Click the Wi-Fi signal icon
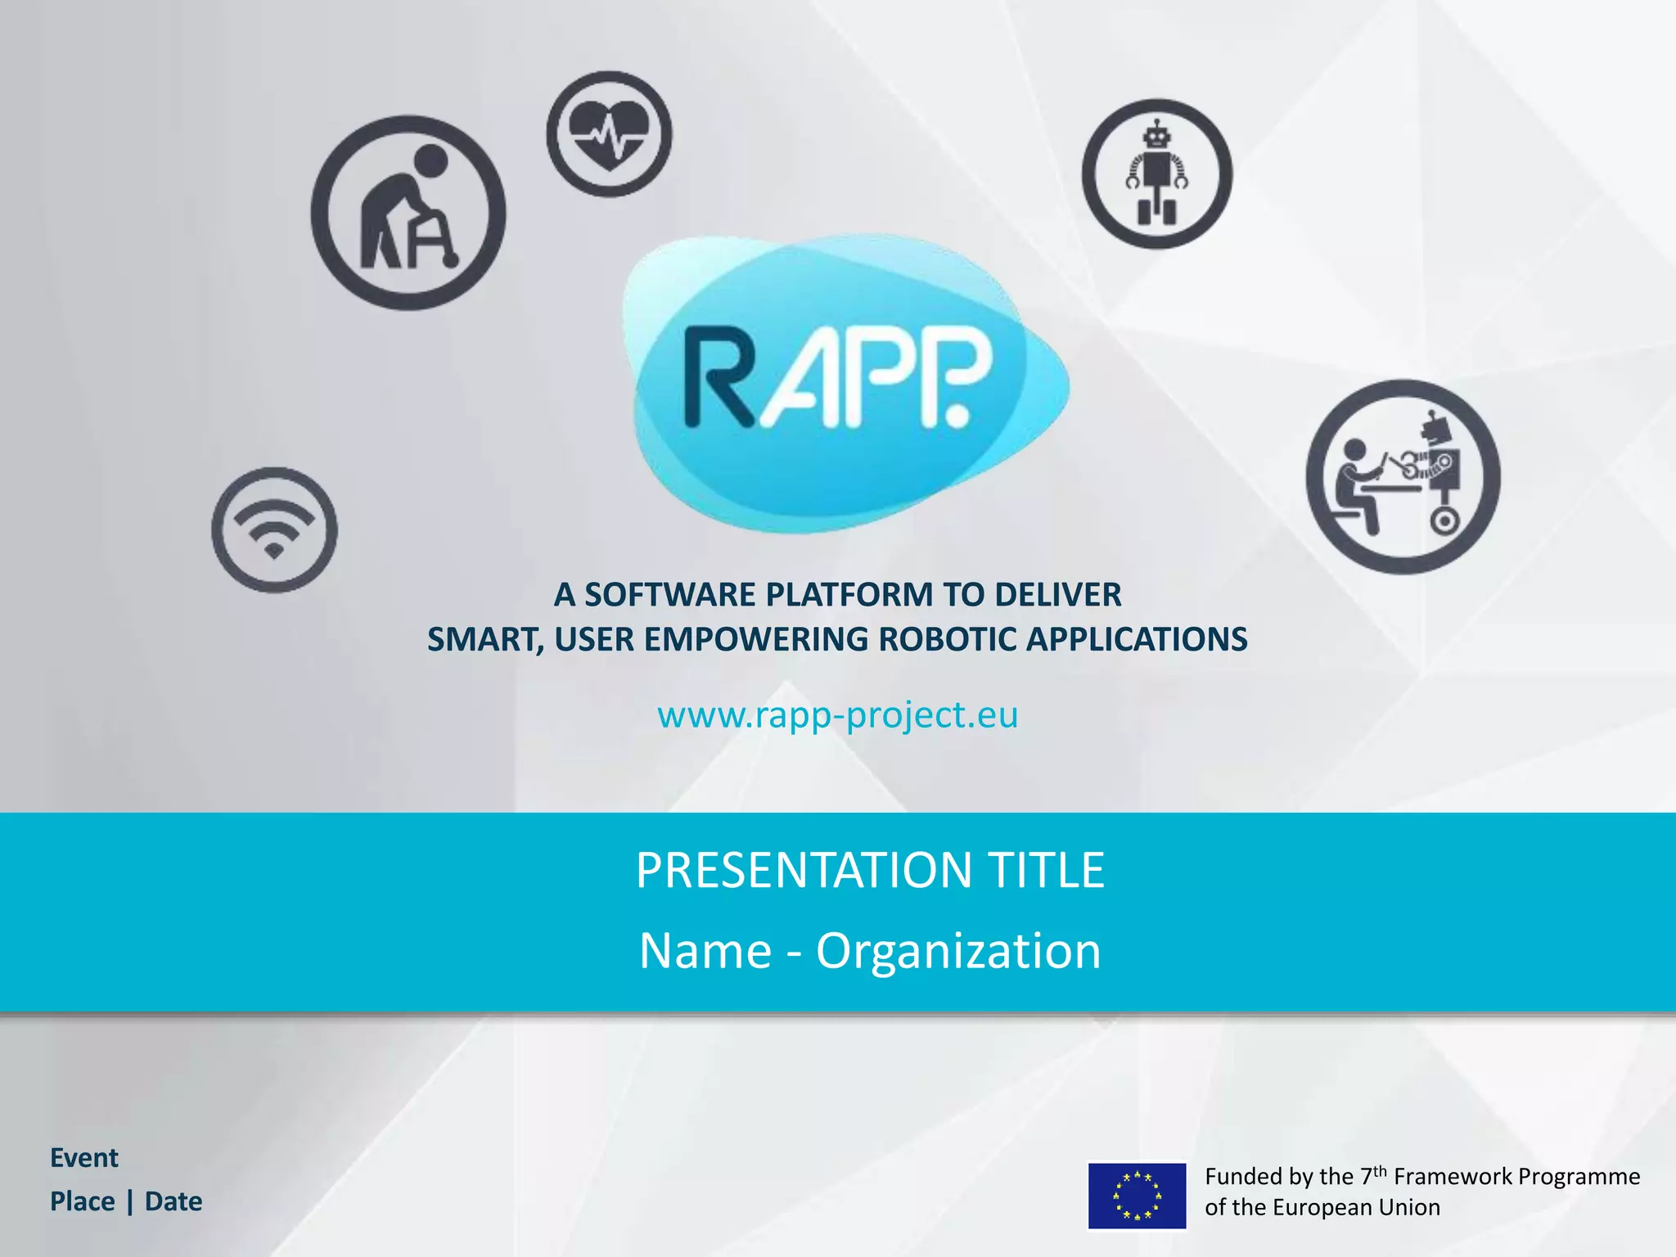(x=274, y=529)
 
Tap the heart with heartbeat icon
(x=609, y=134)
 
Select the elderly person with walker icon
(x=408, y=213)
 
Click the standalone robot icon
(x=1156, y=173)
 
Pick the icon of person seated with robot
(x=1403, y=476)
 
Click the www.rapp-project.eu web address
(x=837, y=714)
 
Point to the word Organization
(x=958, y=951)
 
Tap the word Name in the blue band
(x=705, y=951)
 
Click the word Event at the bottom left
(x=84, y=1158)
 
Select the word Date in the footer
(x=173, y=1201)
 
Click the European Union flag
(x=1137, y=1196)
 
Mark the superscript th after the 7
(x=1380, y=1169)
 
